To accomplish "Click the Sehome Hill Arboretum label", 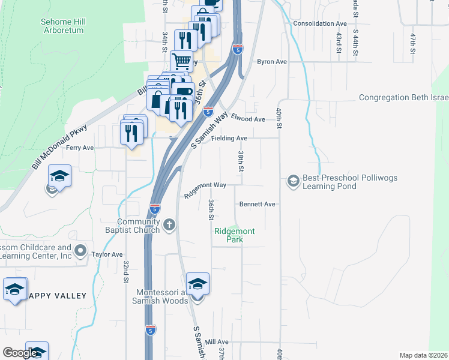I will (x=63, y=26).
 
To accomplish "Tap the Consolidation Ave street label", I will (x=320, y=24).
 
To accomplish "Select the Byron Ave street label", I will (x=271, y=62).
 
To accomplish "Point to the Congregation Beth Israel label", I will (x=403, y=98).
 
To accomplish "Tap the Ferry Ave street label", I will (x=80, y=148).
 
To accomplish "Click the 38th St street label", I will (x=240, y=160).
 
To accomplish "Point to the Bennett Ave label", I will (x=257, y=204).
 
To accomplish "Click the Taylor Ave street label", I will (x=107, y=254).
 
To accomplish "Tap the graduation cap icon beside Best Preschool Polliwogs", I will (x=293, y=181).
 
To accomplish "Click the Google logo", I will (x=20, y=353).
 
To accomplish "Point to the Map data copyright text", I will (x=423, y=355).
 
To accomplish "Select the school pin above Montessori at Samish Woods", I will (x=197, y=284).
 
